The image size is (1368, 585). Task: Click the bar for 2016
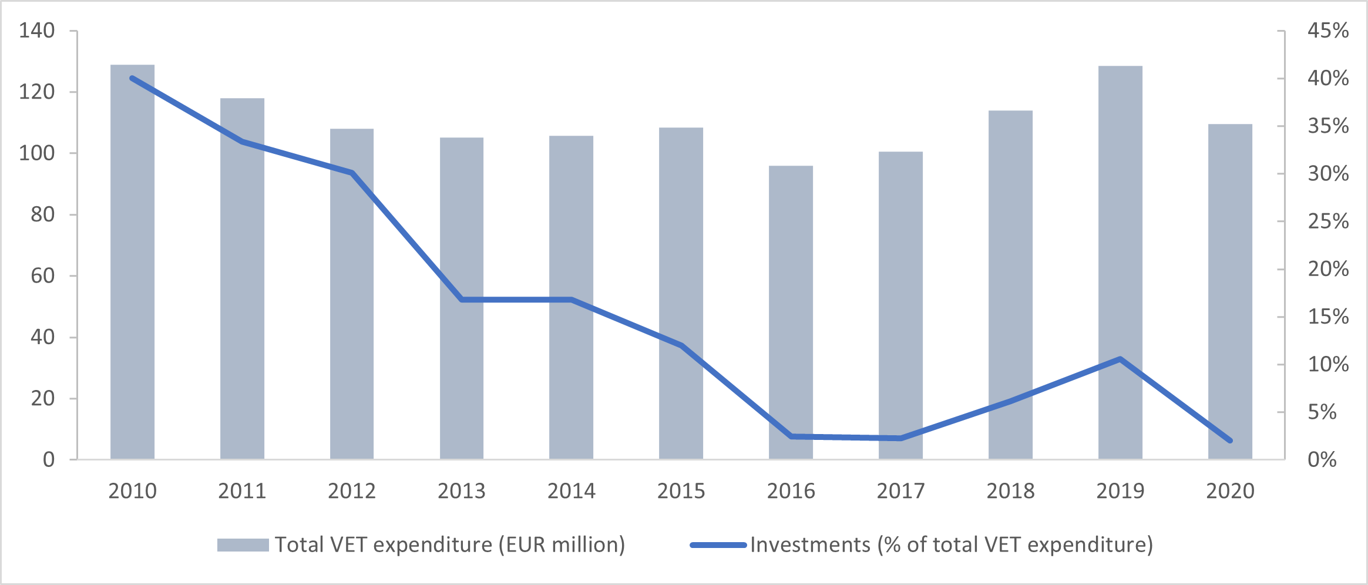[x=791, y=312]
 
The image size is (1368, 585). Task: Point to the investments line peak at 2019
[x=1120, y=359]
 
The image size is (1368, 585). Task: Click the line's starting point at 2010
[x=132, y=78]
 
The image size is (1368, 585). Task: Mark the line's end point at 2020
[x=1230, y=441]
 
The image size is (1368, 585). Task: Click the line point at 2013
[x=462, y=300]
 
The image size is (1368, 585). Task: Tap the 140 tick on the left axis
[x=36, y=31]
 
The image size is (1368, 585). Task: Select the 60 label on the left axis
[x=42, y=275]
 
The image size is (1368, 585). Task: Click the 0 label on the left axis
[x=49, y=459]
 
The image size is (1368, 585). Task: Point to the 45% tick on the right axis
[x=1327, y=31]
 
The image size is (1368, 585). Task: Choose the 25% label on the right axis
[x=1327, y=221]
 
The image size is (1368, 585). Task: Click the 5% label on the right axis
[x=1322, y=412]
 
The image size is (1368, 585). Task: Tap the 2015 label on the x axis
[x=681, y=491]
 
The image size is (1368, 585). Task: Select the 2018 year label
[x=1010, y=491]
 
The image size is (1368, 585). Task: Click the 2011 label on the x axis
[x=242, y=491]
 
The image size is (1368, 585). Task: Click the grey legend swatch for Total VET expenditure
[x=243, y=545]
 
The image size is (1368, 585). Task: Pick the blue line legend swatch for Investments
[x=718, y=545]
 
